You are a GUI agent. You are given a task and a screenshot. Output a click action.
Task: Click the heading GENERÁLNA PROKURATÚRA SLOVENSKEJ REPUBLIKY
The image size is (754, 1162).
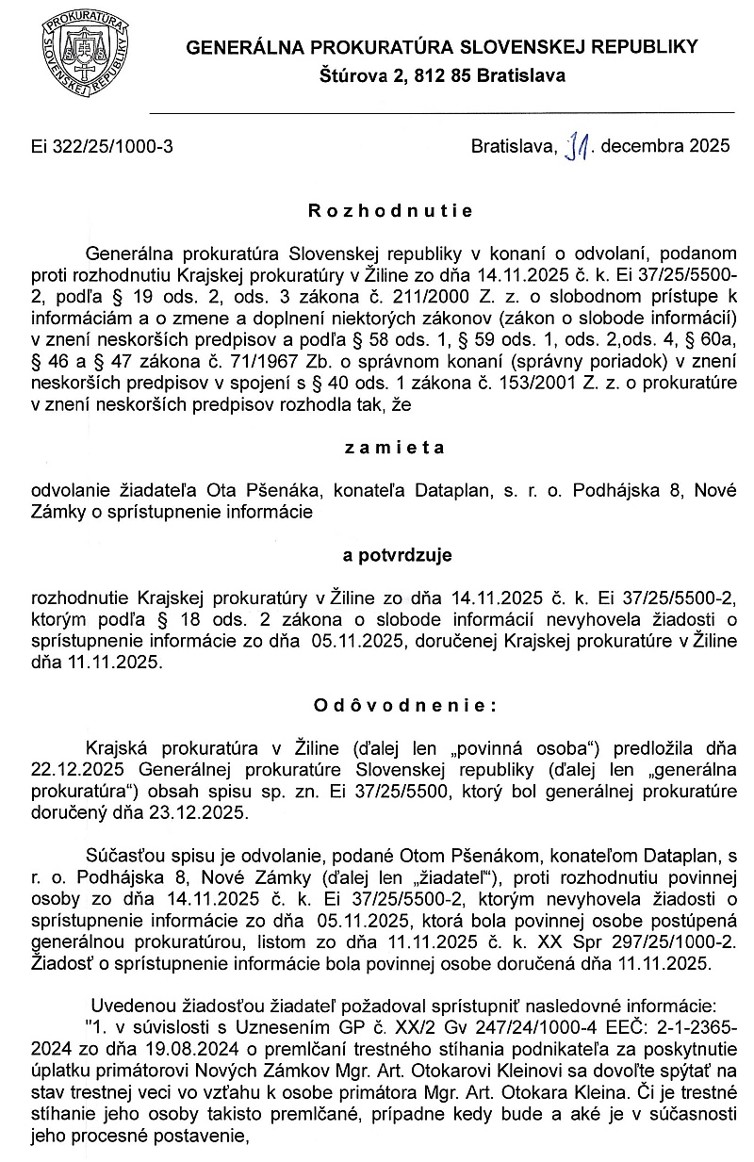click(442, 47)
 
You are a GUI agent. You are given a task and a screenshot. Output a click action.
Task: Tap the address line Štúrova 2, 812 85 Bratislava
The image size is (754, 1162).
click(442, 75)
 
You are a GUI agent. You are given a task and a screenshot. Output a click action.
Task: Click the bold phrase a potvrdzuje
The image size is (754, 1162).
click(398, 555)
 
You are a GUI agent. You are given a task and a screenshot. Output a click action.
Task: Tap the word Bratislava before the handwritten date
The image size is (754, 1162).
click(515, 146)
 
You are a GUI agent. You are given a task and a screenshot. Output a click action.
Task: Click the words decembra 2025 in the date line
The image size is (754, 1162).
click(664, 146)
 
